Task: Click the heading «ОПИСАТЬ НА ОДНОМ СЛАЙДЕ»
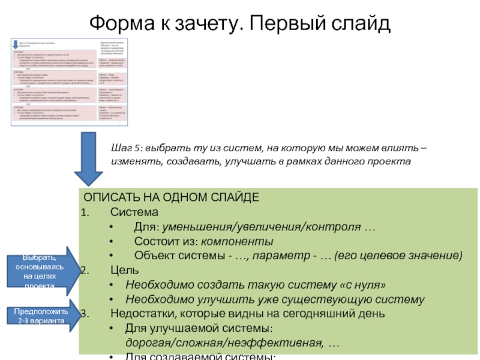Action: point(171,197)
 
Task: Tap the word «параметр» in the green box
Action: point(290,256)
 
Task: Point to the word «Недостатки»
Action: point(142,314)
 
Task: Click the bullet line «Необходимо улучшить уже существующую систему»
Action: point(275,299)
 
